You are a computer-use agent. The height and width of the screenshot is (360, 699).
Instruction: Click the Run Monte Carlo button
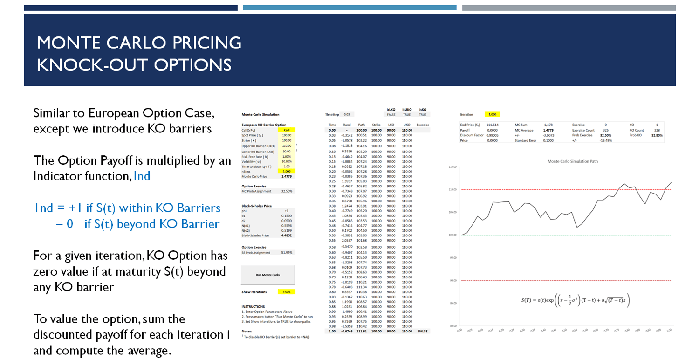coord(268,275)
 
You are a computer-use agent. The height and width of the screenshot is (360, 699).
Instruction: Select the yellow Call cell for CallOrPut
coord(287,130)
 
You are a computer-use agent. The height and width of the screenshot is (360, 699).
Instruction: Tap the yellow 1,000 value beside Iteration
coord(492,114)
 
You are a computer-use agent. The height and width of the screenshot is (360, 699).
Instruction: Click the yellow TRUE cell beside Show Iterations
coord(287,292)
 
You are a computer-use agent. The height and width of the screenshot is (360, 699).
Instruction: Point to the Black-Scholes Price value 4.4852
coord(287,236)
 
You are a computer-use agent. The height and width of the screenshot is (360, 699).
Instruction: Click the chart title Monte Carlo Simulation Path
coord(573,161)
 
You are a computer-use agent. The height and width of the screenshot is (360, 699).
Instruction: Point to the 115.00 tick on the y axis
coord(452,166)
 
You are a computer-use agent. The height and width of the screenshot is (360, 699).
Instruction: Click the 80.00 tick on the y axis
coord(452,326)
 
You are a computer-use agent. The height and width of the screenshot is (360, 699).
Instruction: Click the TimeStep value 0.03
coord(346,114)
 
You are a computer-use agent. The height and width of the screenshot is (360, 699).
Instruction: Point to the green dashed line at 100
coord(513,235)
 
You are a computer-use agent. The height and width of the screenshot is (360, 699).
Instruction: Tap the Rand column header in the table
coord(347,125)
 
